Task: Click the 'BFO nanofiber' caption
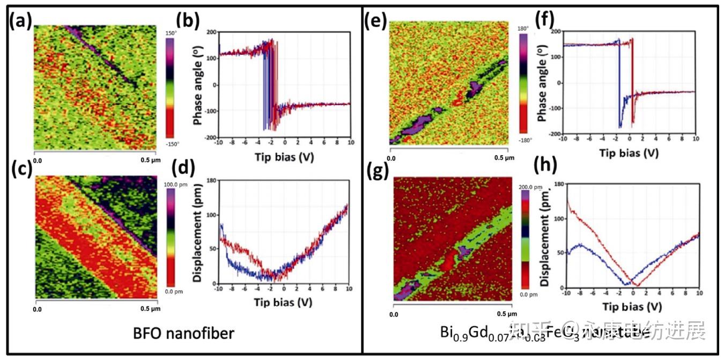[183, 334]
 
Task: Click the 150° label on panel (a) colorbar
[171, 33]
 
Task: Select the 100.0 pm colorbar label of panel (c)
[174, 183]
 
